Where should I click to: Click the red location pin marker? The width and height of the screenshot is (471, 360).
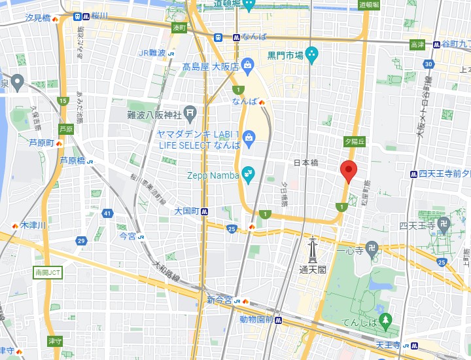pyautogui.click(x=349, y=170)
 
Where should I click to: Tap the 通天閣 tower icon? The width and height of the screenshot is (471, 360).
pyautogui.click(x=313, y=249)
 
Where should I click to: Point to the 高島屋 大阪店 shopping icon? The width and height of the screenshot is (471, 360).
pyautogui.click(x=248, y=64)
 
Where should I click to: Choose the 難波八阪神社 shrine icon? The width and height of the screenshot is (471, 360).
pyautogui.click(x=190, y=113)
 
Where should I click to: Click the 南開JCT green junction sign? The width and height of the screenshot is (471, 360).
pyautogui.click(x=48, y=272)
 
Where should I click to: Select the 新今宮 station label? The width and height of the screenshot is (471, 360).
pyautogui.click(x=220, y=300)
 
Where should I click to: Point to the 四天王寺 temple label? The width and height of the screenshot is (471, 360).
pyautogui.click(x=417, y=226)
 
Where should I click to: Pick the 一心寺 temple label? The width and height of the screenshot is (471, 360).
pyautogui.click(x=349, y=249)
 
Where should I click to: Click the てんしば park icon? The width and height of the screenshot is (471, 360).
pyautogui.click(x=386, y=320)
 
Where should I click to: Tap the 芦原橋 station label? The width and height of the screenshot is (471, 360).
pyautogui.click(x=73, y=160)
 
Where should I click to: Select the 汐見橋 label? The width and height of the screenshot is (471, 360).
pyautogui.click(x=37, y=18)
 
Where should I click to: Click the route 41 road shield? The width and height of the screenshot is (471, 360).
pyautogui.click(x=107, y=213)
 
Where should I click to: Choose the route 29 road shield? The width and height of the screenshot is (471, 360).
pyautogui.click(x=81, y=242)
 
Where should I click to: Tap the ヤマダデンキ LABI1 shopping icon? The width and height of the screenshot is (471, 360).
pyautogui.click(x=249, y=137)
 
